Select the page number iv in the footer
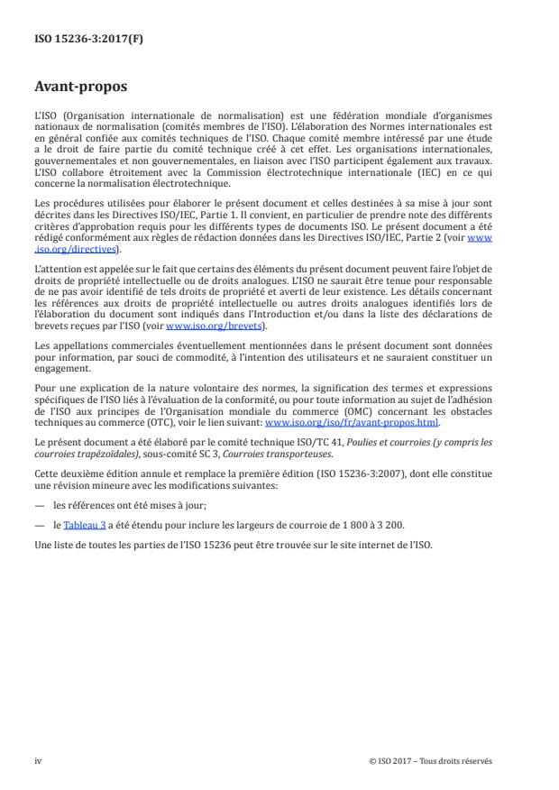coord(38,760)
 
